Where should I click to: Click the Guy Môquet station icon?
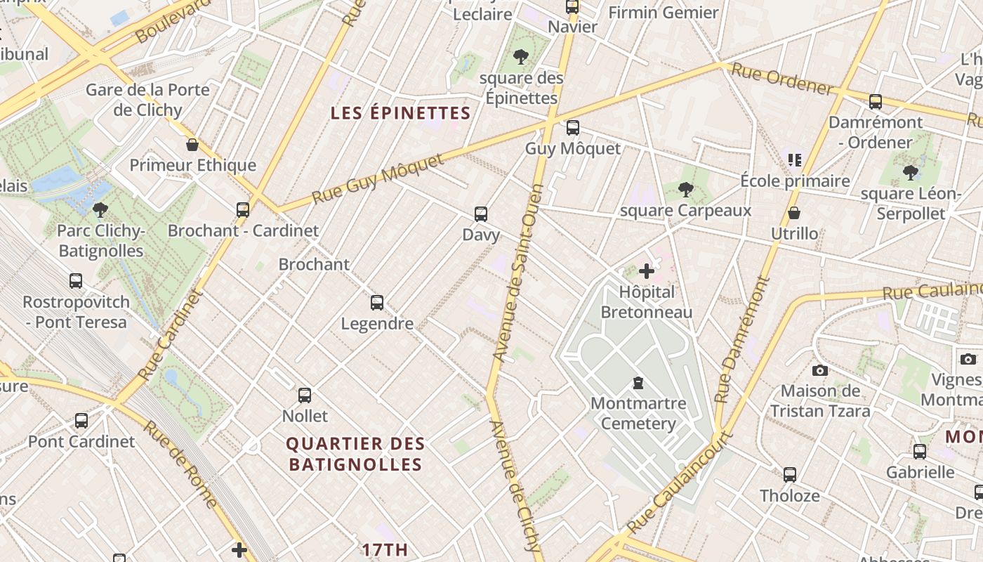(x=573, y=128)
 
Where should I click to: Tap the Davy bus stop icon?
(x=481, y=214)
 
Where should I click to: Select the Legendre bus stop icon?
(x=377, y=303)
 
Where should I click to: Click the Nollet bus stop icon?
(x=305, y=395)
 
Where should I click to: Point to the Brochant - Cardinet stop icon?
(x=243, y=209)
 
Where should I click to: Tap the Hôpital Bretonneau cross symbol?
(x=647, y=271)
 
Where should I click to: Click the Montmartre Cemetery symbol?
(x=638, y=383)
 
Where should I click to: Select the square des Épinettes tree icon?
(x=521, y=57)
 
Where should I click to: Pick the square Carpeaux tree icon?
(x=686, y=189)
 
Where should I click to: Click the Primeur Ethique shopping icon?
(x=192, y=145)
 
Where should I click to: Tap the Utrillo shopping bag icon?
(x=794, y=212)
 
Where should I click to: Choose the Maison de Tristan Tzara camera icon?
(x=819, y=370)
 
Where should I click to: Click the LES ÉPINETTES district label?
(x=400, y=113)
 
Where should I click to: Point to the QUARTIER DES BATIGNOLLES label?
(x=355, y=454)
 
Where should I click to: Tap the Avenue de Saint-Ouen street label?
(x=518, y=273)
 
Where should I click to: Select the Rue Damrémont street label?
(x=744, y=339)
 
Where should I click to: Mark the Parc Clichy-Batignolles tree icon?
(x=100, y=209)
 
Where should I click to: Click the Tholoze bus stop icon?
(x=790, y=475)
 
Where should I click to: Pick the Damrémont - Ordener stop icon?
(x=875, y=102)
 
